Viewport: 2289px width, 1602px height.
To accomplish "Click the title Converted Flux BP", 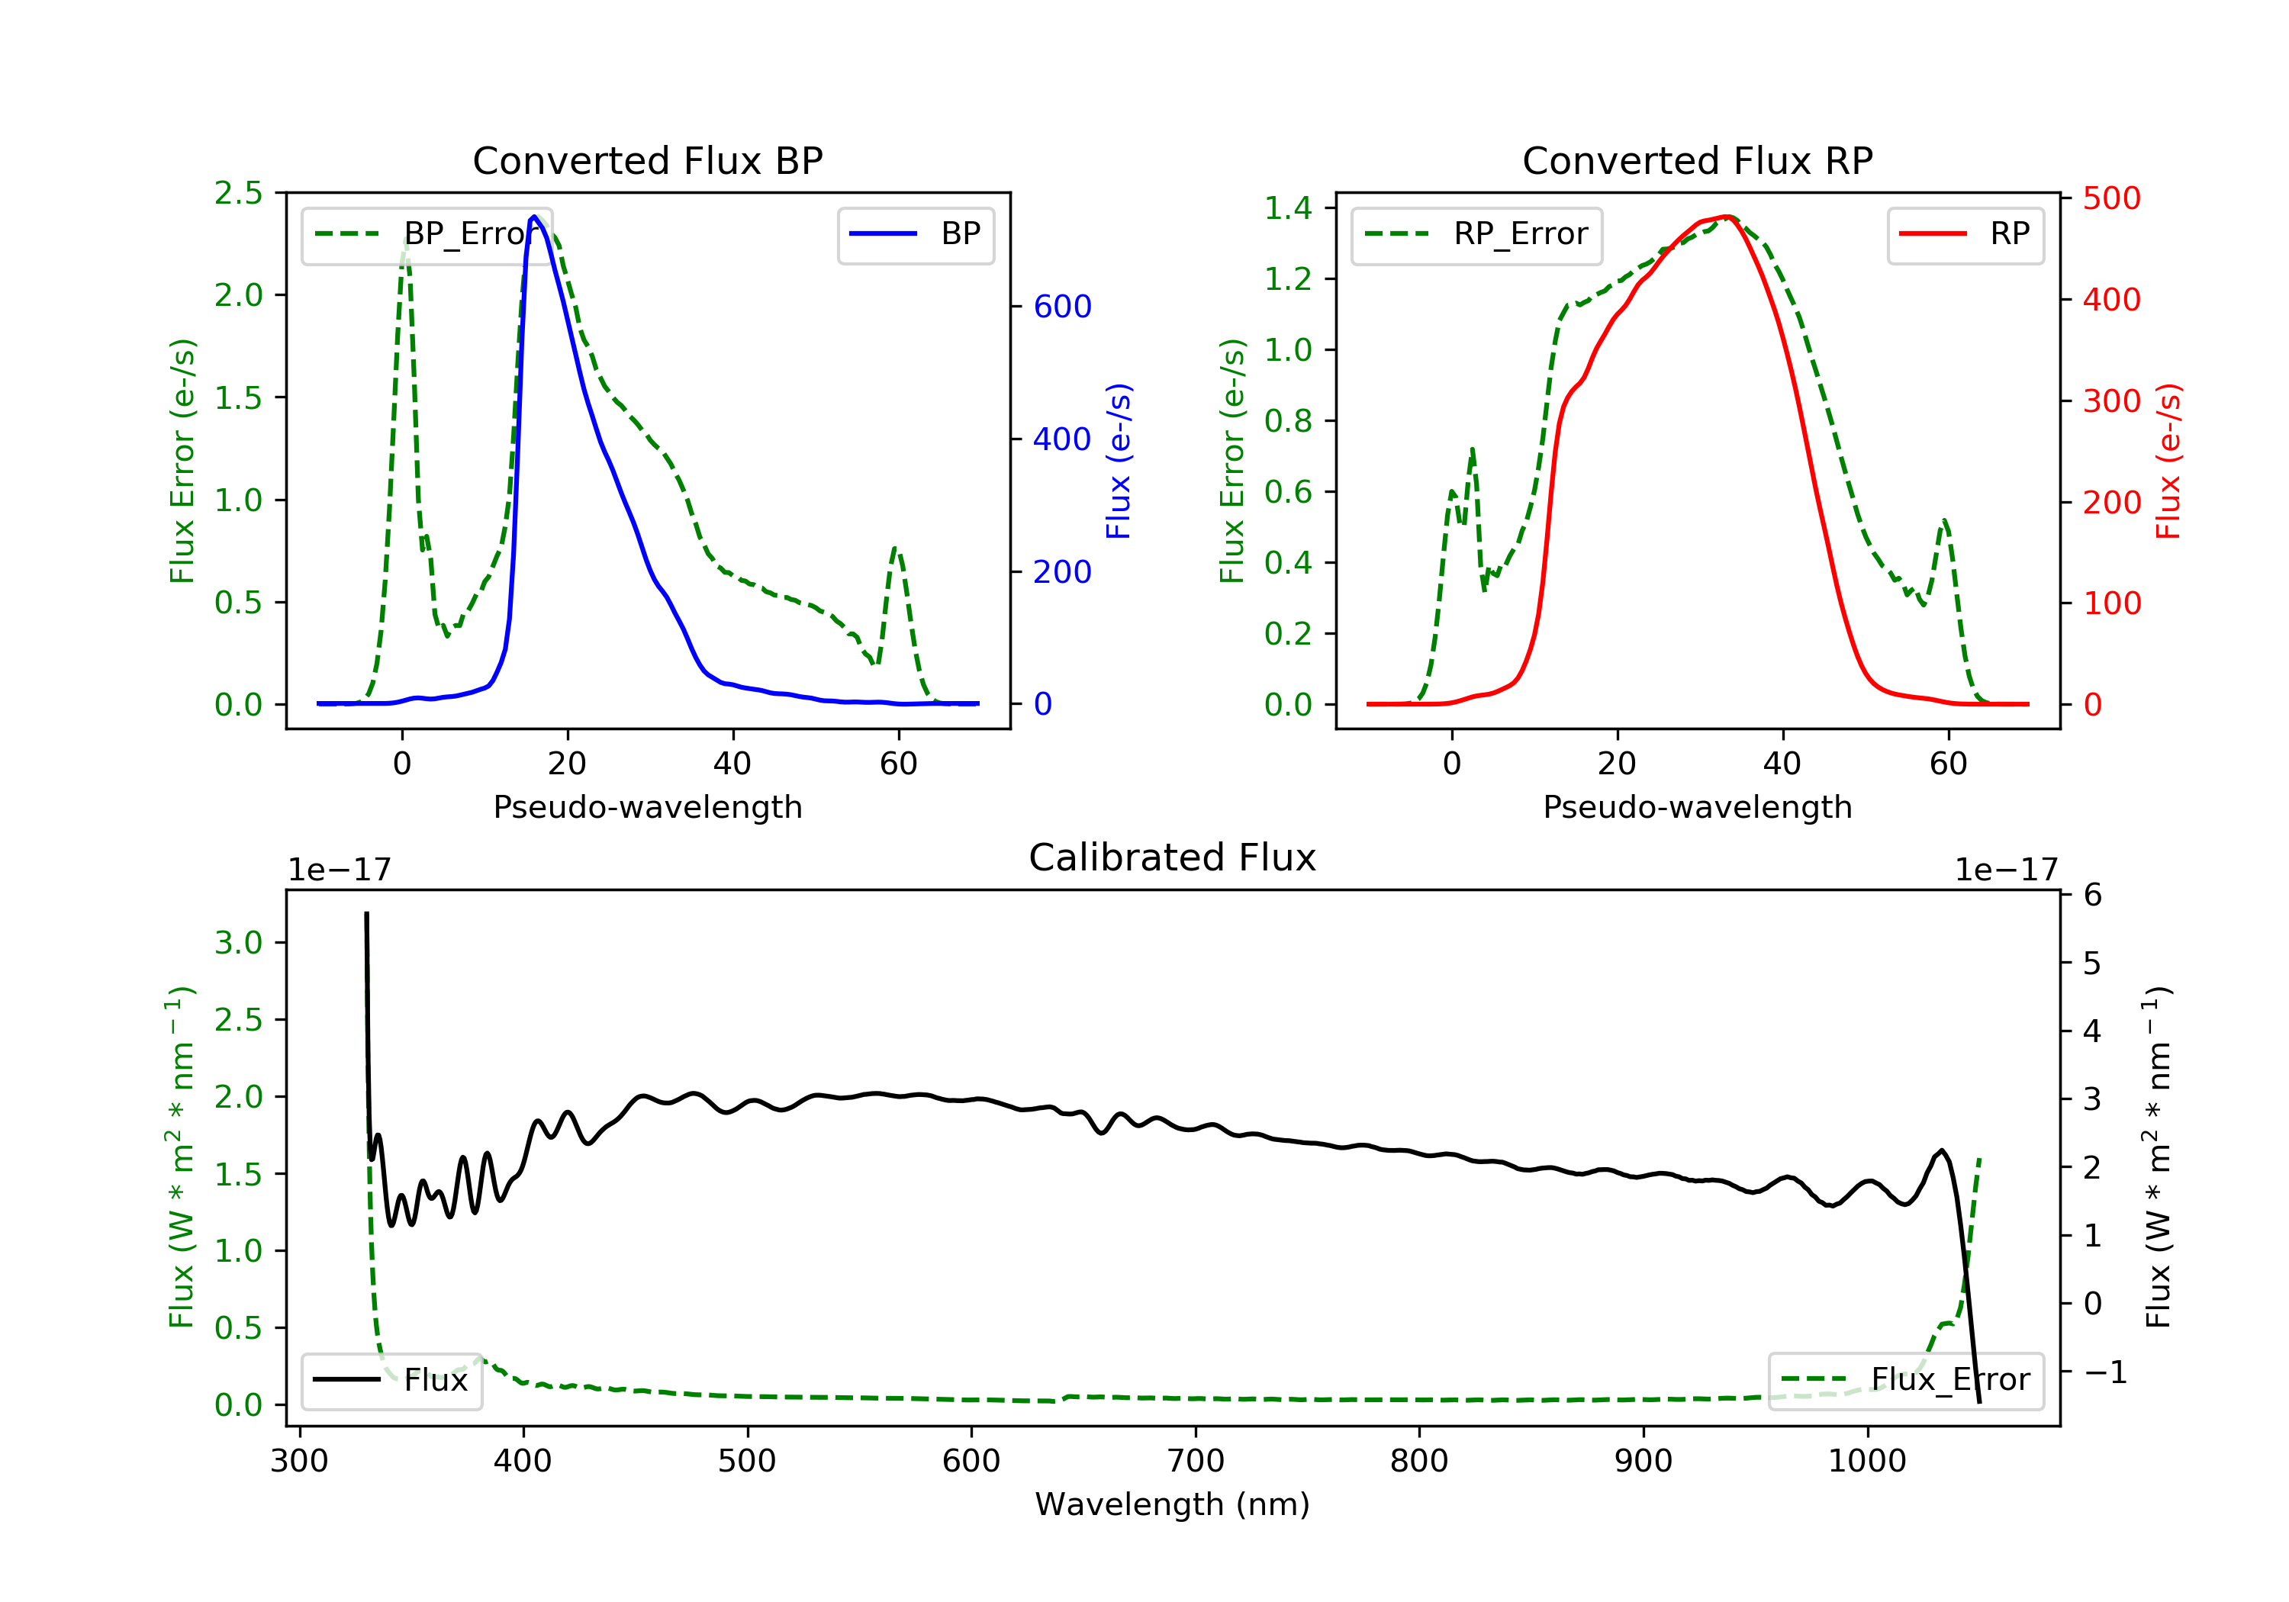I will tap(647, 160).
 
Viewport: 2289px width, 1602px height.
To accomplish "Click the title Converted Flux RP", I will tap(1697, 160).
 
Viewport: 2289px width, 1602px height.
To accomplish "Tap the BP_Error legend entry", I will tap(427, 234).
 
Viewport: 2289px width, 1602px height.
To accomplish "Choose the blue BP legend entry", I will tap(915, 234).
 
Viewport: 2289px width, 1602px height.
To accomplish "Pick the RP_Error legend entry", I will tap(1476, 234).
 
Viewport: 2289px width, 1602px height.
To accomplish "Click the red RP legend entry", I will tap(1965, 234).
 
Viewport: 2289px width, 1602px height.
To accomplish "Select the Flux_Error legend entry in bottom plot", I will tap(1905, 1380).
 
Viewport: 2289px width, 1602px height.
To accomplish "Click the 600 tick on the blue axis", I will tap(1062, 307).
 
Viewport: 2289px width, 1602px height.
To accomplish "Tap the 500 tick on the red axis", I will tap(2110, 198).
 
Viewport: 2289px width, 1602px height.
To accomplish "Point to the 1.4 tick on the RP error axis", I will tap(1287, 208).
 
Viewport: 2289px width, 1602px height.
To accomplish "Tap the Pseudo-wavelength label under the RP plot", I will tap(1697, 806).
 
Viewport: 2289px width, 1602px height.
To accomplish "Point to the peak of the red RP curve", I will tap(1727, 217).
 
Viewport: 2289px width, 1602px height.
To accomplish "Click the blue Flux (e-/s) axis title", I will tap(1119, 461).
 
